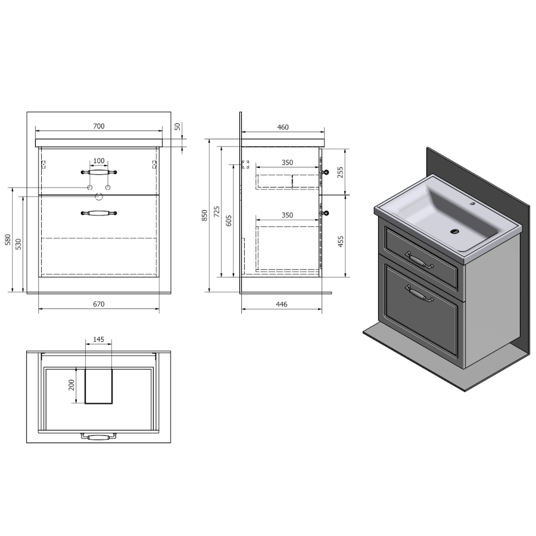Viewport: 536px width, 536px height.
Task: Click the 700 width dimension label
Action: (99, 126)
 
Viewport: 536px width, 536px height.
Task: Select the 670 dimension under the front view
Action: (99, 304)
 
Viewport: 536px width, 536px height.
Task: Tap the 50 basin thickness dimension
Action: (177, 126)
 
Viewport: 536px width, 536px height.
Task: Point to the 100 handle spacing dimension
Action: (99, 161)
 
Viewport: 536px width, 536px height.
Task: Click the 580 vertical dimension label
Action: (8, 239)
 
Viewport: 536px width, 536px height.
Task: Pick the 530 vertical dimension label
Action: (18, 244)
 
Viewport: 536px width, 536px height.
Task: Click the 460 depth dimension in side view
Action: (283, 127)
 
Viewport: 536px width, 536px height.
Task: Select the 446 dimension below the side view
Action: (281, 304)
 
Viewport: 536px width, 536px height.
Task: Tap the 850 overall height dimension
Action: (204, 216)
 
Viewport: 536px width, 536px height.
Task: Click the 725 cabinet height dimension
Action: (217, 212)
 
